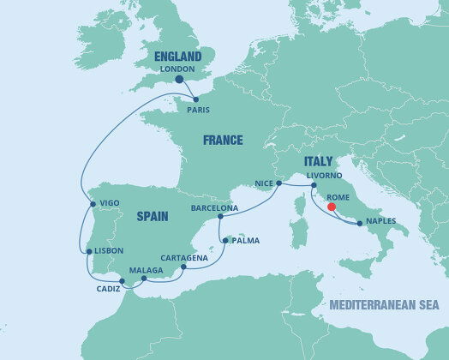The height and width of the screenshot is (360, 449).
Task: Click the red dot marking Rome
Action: tap(331, 206)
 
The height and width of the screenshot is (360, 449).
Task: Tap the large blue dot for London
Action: tap(179, 80)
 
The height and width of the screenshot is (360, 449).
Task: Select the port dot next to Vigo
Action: tap(92, 204)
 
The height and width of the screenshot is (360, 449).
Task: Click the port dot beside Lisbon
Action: tap(88, 251)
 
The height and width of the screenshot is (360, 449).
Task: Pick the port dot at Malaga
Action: tap(144, 279)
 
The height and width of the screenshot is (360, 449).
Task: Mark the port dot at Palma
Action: tap(224, 240)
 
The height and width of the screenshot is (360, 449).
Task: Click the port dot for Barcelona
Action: tap(220, 216)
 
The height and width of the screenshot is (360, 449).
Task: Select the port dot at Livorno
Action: tap(313, 185)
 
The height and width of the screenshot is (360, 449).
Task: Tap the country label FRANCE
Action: tap(222, 140)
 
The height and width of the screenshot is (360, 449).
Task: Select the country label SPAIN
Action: tap(157, 217)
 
